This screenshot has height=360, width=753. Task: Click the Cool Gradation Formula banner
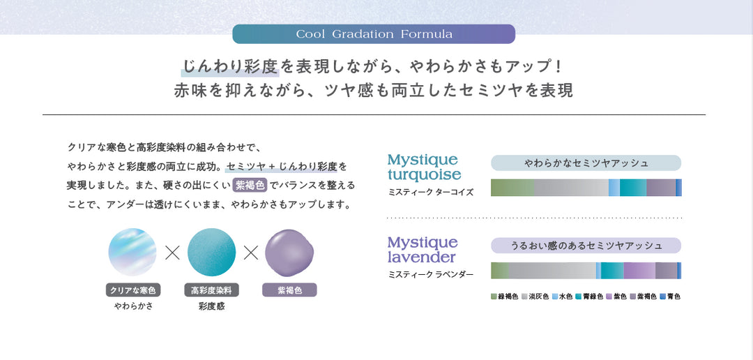[x=374, y=34]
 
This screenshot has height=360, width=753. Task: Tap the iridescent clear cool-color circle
[x=132, y=253]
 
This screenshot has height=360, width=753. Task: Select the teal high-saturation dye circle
[x=211, y=253]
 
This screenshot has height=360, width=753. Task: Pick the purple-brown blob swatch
[x=289, y=253]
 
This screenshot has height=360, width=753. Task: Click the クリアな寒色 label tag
[x=133, y=290]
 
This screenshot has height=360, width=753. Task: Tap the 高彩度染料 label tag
[x=212, y=290]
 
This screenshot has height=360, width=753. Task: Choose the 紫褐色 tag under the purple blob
[x=289, y=290]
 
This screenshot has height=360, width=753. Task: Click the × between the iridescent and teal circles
[x=172, y=253]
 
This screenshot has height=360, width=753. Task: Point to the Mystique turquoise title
[x=424, y=167]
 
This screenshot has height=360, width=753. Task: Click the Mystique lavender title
[x=423, y=250]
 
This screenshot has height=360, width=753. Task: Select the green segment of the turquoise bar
[x=512, y=188]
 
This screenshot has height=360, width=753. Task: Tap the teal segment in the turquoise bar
[x=632, y=188]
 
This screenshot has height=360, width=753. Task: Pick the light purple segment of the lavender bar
[x=639, y=271]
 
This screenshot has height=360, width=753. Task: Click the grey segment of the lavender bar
[x=552, y=271]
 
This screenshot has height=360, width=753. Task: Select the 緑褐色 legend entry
[x=505, y=297]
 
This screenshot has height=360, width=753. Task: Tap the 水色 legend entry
[x=562, y=297]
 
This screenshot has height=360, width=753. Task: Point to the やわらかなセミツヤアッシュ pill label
[x=586, y=163]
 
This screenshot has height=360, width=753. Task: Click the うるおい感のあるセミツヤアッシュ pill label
[x=586, y=246]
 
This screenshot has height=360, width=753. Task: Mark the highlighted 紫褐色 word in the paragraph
[x=250, y=185]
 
